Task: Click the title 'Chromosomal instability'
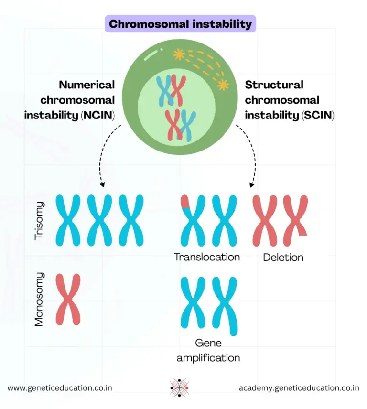[x=180, y=24]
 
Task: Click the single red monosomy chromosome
[x=68, y=300]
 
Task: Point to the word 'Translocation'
[x=206, y=257]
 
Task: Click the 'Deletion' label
[x=283, y=258]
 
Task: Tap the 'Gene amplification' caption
[x=208, y=350]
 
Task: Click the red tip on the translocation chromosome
[x=185, y=202]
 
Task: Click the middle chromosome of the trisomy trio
[x=99, y=220]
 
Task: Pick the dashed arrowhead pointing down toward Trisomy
[x=101, y=184]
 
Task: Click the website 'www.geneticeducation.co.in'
[x=60, y=388]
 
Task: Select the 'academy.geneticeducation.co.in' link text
[x=299, y=388]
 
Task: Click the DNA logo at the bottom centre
[x=180, y=387]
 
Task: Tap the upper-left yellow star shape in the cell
[x=179, y=54]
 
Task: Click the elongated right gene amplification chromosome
[x=225, y=306]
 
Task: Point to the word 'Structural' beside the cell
[x=274, y=85]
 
